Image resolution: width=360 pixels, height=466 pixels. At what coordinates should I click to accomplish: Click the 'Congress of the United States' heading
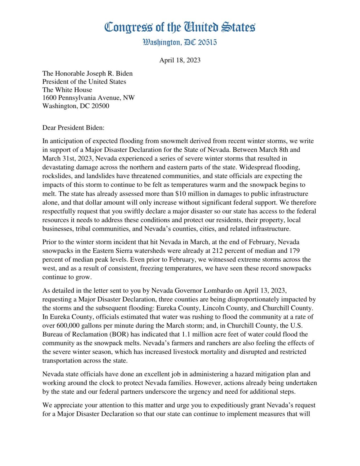180,27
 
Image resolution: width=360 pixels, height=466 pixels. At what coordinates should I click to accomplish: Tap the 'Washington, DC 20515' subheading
180,42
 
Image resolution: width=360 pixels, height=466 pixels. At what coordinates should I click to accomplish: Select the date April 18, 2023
180,60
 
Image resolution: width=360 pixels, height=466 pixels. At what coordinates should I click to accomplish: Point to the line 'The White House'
67,90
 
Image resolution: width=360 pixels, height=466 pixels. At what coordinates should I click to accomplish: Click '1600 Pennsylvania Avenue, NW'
89,98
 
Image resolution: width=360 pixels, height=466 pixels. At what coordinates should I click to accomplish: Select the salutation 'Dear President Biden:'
73,128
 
